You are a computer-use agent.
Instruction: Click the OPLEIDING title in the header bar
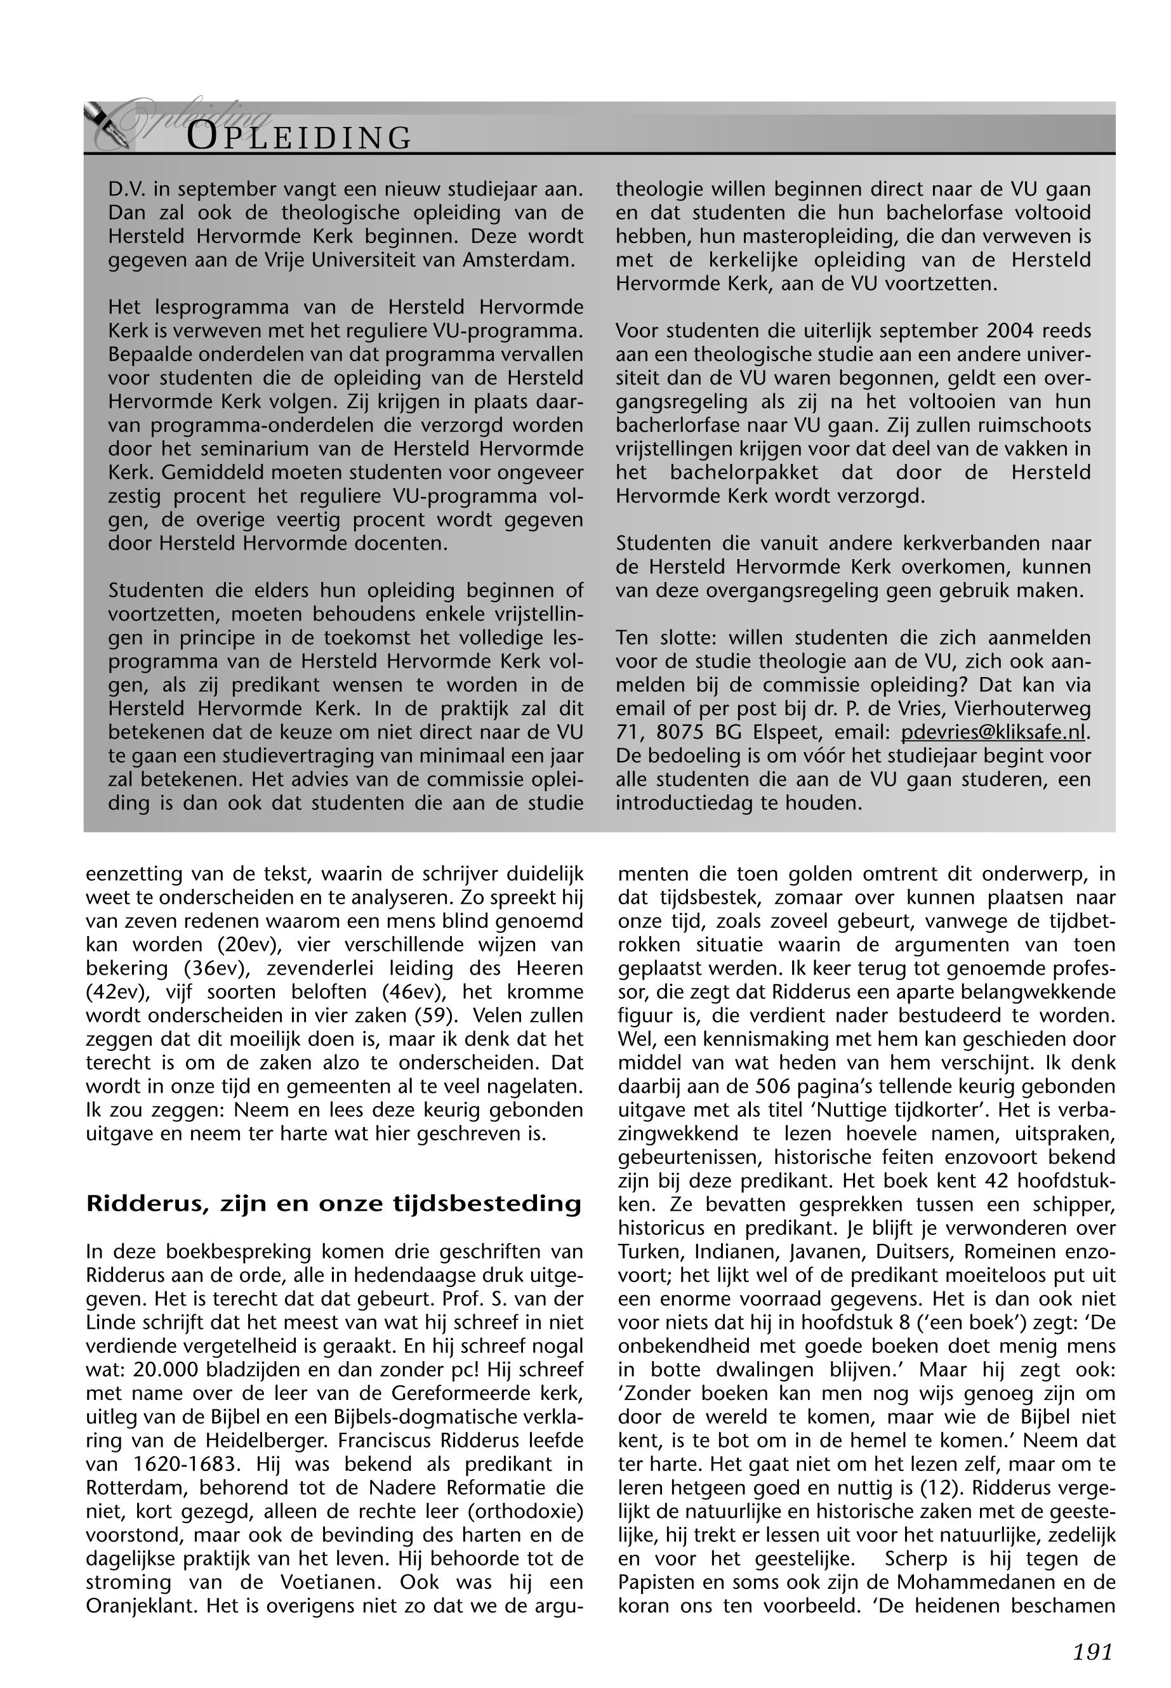pyautogui.click(x=300, y=137)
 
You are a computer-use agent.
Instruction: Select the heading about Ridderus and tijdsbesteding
pyautogui.click(x=334, y=1204)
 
